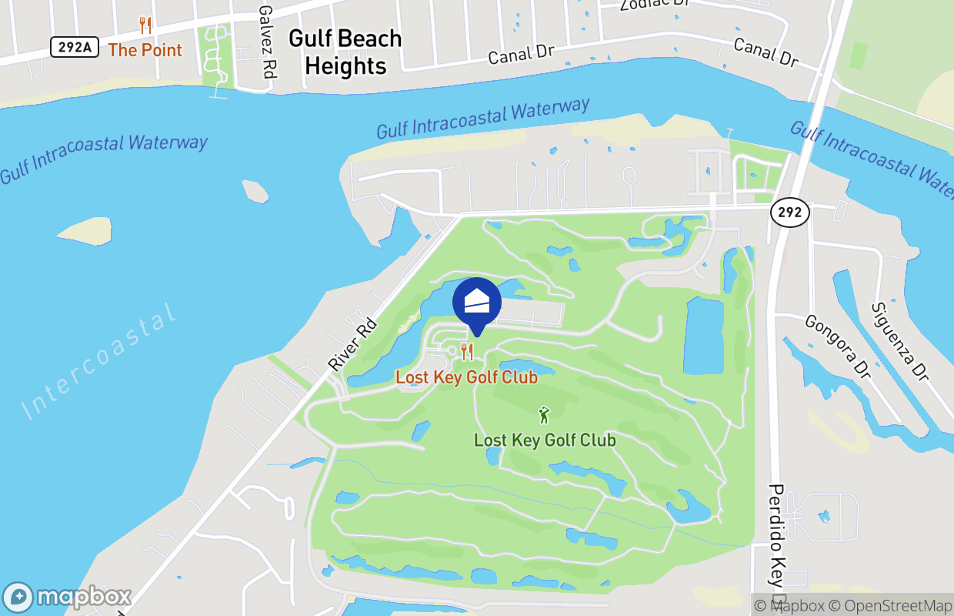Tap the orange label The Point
(145, 50)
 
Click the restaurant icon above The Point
(145, 25)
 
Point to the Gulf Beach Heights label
(345, 52)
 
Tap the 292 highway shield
(789, 213)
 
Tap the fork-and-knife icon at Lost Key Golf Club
(466, 352)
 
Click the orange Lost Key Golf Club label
(466, 377)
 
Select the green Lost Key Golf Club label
(545, 440)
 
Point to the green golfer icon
(545, 415)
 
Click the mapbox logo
(68, 598)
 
